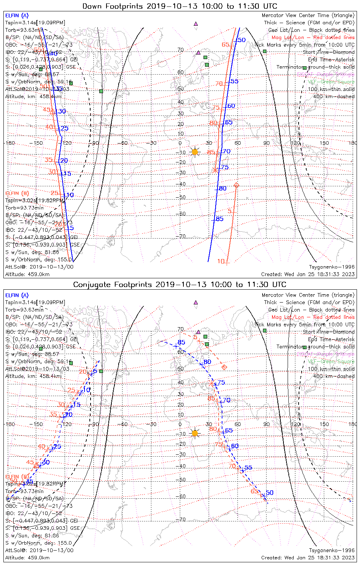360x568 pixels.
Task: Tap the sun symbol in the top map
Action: [195, 152]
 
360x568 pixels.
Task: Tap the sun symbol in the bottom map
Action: [195, 433]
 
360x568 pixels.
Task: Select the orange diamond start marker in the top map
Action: [236, 185]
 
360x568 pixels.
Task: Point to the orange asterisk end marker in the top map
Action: [216, 170]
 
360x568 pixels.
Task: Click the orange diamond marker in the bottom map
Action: [224, 367]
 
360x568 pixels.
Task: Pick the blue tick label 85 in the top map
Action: [220, 219]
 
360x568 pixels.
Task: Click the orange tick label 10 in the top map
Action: [221, 261]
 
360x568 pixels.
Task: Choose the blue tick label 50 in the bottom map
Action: [269, 493]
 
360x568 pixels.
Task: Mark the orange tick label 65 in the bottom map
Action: [254, 491]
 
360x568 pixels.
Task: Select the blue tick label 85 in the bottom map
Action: [182, 342]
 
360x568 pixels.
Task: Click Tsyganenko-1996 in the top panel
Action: [332, 267]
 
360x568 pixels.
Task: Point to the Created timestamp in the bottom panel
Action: [308, 557]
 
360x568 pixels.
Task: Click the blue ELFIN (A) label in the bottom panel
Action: [17, 295]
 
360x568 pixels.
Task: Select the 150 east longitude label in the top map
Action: [324, 143]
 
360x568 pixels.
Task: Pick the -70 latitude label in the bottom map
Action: [182, 520]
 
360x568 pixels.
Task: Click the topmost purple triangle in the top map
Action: [196, 23]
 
